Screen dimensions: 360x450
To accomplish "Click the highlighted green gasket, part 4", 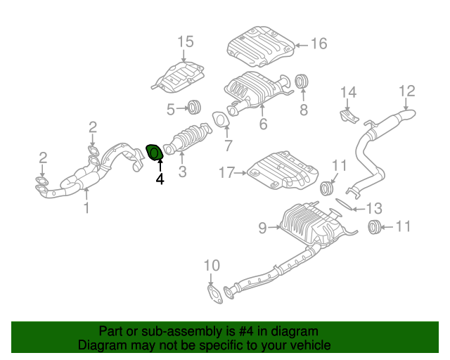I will [x=154, y=151].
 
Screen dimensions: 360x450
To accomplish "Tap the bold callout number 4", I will [x=160, y=179].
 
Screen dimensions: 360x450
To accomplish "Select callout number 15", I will [x=184, y=42].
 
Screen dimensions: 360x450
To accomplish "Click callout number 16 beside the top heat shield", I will [x=319, y=44].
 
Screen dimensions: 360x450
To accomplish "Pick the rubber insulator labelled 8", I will [x=303, y=82].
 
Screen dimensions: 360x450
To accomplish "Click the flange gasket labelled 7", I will [x=220, y=121].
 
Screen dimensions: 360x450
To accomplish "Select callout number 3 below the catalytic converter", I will [x=182, y=171].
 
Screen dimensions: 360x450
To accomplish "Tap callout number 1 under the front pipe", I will [x=86, y=207].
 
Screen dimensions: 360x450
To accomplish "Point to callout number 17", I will [x=226, y=172].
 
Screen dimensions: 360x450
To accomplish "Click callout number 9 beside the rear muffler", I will [x=262, y=228].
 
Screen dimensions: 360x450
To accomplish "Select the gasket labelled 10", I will [x=214, y=292].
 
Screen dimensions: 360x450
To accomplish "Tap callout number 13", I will [x=374, y=207].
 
